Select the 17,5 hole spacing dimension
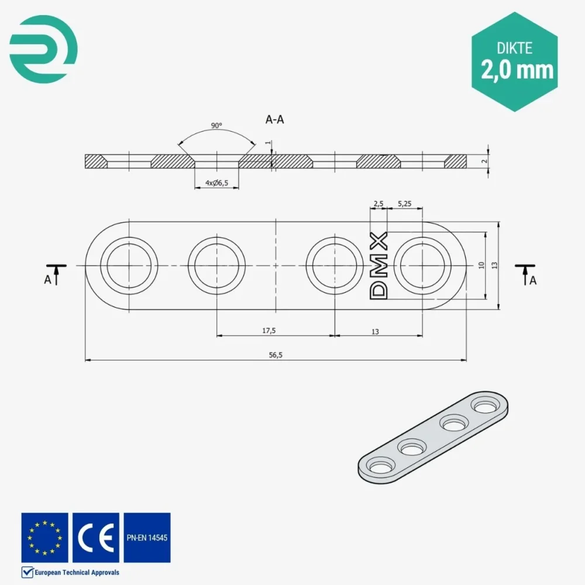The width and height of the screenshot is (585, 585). click(269, 331)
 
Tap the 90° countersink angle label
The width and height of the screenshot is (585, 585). click(216, 126)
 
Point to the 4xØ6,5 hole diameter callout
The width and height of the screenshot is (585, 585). click(216, 183)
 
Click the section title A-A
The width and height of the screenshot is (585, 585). click(275, 119)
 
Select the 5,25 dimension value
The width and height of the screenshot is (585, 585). click(404, 204)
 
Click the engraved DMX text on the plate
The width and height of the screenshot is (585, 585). click(380, 266)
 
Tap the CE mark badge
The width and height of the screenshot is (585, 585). click(96, 538)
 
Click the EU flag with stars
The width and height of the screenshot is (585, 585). click(45, 538)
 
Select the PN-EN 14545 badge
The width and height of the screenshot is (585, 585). click(147, 538)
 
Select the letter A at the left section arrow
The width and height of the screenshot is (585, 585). click(47, 280)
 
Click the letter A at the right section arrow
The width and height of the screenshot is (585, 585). click(532, 280)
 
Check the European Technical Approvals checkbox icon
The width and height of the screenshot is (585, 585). click(26, 572)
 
